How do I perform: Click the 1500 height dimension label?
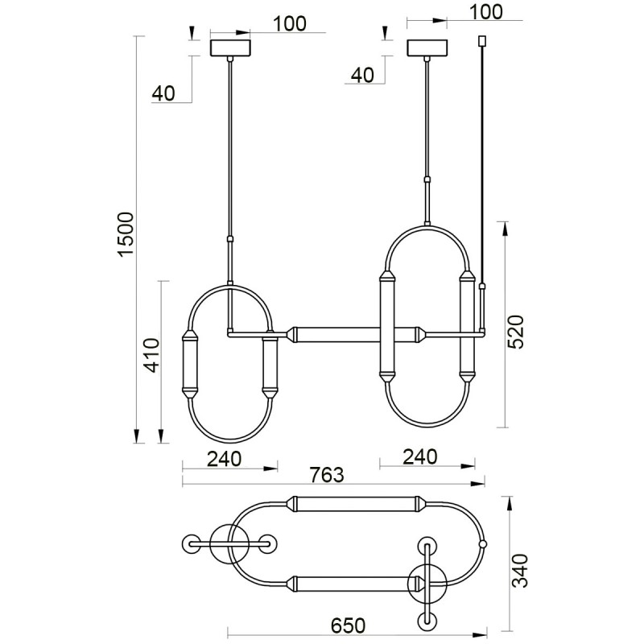click(126, 234)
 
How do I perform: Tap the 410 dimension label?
click(152, 355)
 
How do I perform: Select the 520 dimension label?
click(515, 332)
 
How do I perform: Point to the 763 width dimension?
click(326, 475)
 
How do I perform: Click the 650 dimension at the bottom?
click(348, 626)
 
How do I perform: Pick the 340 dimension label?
click(521, 571)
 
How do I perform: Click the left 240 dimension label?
click(224, 459)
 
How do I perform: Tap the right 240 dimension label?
click(419, 456)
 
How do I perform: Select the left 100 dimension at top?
click(290, 24)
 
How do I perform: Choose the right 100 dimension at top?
click(485, 12)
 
